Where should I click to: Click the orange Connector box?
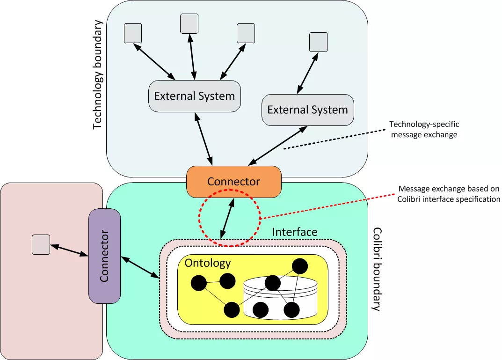234,182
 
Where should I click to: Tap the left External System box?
194,96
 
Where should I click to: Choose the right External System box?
307,110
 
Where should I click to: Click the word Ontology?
208,263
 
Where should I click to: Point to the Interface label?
294,232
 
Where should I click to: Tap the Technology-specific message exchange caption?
424,129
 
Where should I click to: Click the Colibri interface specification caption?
449,194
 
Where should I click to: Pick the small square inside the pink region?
41,245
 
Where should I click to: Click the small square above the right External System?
319,42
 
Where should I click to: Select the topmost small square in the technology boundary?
189,23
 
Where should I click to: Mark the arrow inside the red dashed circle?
228,216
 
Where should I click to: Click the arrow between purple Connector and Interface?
140,267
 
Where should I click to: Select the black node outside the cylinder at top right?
299,266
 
